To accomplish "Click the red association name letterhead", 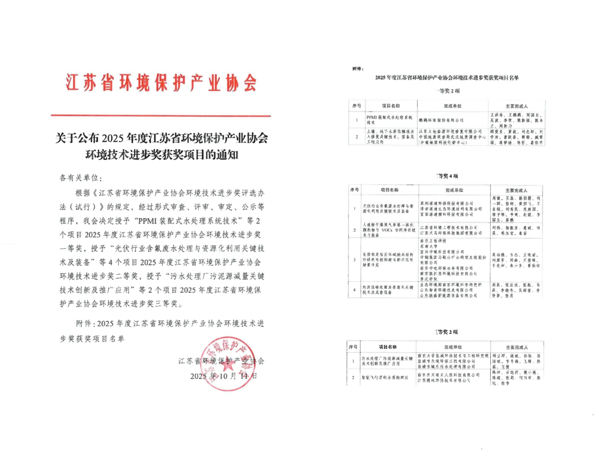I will tap(161, 82).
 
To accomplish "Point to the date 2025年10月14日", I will tap(224, 376).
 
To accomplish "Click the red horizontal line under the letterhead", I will tap(161, 116).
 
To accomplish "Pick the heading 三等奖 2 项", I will tap(446, 332).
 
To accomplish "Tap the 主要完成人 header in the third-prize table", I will tap(515, 347).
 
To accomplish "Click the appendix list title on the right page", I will tap(447, 78).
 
